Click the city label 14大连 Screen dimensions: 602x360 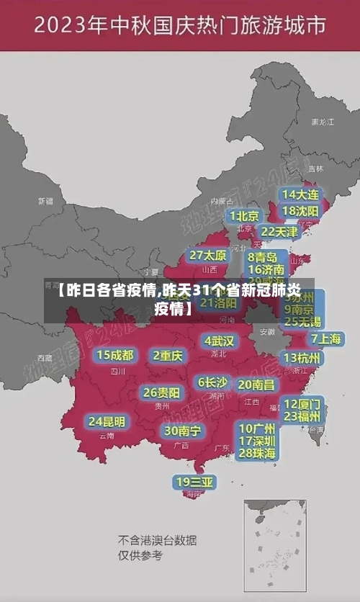coord(300,195)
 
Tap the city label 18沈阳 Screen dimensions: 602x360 coord(300,211)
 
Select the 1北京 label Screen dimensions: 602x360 coord(245,216)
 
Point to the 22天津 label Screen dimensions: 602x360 coord(279,232)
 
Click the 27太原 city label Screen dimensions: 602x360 coord(207,256)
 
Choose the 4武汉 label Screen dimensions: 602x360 coord(220,341)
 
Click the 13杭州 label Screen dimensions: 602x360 coord(302,358)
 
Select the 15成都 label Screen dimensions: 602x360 coord(115,355)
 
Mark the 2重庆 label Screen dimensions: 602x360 coord(168,356)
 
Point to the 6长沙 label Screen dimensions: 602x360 coord(212,382)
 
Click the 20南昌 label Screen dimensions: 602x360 coord(256,385)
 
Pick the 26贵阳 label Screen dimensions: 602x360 coord(162,392)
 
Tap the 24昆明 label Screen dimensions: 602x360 coord(107,421)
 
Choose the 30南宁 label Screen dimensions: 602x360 coord(182,431)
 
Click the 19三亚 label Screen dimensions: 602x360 coord(194,482)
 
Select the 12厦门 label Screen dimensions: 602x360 coord(302,403)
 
